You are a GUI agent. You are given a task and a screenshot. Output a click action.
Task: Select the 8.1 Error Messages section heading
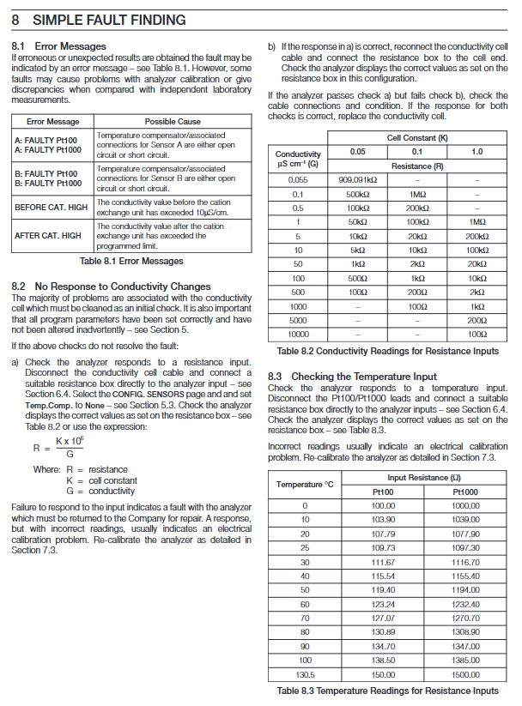(x=58, y=45)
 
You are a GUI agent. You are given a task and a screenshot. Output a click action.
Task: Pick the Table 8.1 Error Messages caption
(x=131, y=261)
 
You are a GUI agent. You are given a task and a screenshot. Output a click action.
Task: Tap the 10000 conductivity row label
(x=298, y=335)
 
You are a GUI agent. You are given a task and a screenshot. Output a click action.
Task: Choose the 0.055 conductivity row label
(x=298, y=180)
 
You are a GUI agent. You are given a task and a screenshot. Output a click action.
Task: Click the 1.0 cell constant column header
(x=476, y=152)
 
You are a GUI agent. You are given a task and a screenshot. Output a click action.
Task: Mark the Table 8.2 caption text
(x=387, y=351)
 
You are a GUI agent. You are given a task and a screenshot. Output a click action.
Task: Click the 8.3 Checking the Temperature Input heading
(x=352, y=377)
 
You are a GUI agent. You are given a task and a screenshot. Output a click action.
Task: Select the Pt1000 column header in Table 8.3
(x=464, y=492)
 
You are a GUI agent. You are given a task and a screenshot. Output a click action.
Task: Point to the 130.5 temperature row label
(x=304, y=674)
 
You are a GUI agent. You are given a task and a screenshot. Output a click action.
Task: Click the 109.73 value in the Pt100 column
(x=382, y=547)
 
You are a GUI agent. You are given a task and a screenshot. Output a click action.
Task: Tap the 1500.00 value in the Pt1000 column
(x=464, y=674)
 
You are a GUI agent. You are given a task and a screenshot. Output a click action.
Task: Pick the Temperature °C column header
(x=304, y=485)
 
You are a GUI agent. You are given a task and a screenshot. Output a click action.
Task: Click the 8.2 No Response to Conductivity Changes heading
(x=111, y=286)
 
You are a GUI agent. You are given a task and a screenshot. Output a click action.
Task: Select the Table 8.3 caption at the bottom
(x=387, y=691)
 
